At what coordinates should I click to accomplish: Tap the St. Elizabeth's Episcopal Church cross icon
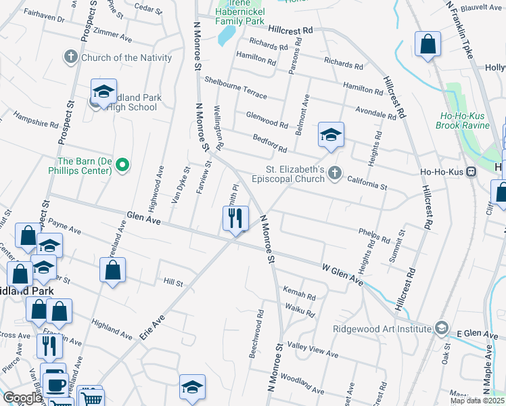(333, 175)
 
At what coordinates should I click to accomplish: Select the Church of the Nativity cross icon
(71, 58)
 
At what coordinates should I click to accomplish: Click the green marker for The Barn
(122, 164)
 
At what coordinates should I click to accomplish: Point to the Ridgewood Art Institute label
(382, 329)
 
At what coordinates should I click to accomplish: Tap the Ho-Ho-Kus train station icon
(471, 171)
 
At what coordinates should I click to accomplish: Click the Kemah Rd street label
(301, 297)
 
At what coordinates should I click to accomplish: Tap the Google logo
(23, 398)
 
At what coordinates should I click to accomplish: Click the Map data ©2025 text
(478, 401)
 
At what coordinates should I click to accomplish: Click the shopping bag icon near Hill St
(112, 270)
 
